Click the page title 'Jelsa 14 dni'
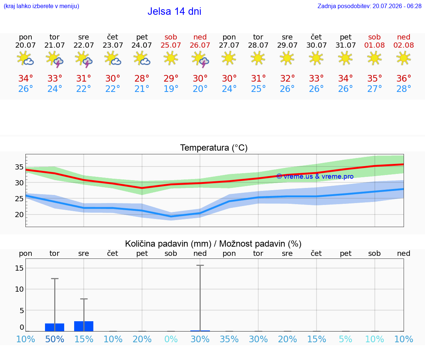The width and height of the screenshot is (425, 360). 174,11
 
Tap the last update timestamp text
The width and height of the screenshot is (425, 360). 369,6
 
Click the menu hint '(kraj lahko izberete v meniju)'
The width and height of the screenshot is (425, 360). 41,6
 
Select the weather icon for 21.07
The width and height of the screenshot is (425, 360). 55,59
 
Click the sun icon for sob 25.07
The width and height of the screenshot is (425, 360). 171,58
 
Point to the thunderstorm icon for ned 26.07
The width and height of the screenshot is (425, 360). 200,59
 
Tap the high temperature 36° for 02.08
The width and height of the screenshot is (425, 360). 404,78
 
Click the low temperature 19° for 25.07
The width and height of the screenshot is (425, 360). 171,89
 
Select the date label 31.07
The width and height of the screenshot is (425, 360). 346,45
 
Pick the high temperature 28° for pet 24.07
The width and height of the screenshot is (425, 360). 142,78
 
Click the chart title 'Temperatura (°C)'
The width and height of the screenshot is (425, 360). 214,148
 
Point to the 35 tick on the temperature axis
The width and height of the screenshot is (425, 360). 19,167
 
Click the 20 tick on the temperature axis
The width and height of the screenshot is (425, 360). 19,215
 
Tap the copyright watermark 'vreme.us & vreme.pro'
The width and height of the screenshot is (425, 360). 315,176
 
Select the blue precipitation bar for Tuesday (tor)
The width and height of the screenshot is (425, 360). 55,327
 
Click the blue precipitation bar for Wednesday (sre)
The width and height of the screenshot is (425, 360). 84,326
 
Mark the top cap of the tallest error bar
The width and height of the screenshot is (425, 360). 200,265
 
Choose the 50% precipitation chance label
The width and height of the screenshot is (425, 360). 55,339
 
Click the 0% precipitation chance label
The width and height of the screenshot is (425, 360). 171,339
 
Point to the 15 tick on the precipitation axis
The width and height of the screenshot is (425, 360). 19,268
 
